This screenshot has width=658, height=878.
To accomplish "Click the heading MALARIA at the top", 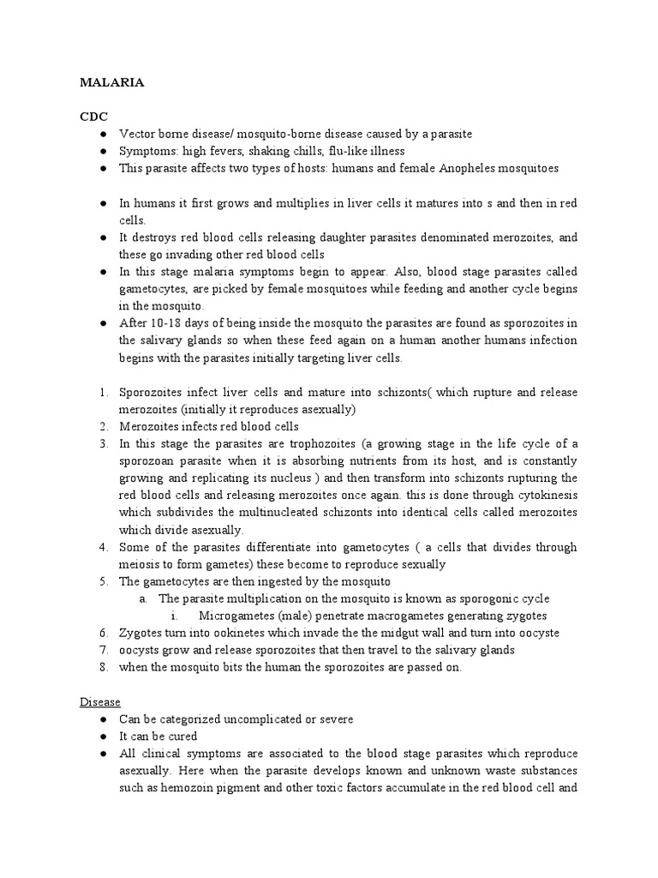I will click(x=111, y=83).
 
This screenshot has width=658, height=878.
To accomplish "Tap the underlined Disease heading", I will click(x=100, y=701).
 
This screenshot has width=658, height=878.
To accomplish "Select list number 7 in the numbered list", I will click(x=103, y=649).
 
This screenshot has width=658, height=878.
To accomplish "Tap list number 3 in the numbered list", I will click(x=103, y=443).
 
